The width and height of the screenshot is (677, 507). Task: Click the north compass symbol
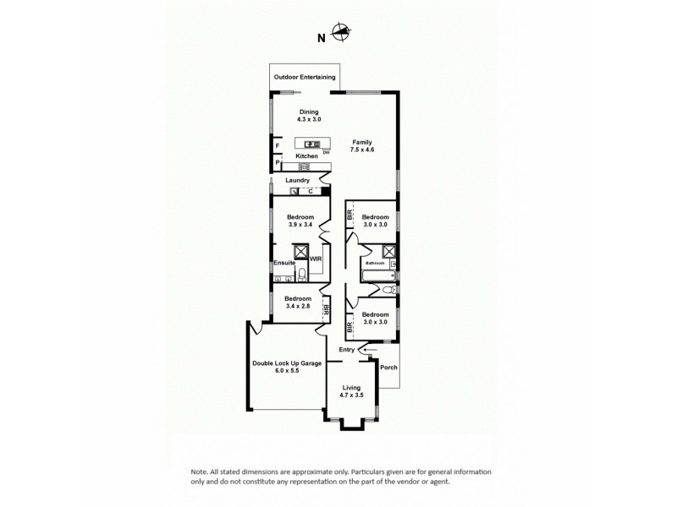click(339, 34)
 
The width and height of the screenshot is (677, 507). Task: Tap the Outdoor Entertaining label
click(305, 77)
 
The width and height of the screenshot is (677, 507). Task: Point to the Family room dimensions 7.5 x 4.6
click(362, 150)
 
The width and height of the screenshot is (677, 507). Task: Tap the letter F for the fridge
click(277, 146)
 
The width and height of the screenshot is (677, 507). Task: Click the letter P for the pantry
click(277, 162)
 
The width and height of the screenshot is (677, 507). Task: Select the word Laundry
click(297, 180)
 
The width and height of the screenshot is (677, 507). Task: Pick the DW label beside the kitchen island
click(326, 152)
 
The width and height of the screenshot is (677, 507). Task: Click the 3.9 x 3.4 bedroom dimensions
click(300, 226)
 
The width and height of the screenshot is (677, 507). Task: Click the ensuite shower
click(300, 251)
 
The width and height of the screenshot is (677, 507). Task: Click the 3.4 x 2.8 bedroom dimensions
click(298, 307)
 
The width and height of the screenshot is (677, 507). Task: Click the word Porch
click(388, 368)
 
